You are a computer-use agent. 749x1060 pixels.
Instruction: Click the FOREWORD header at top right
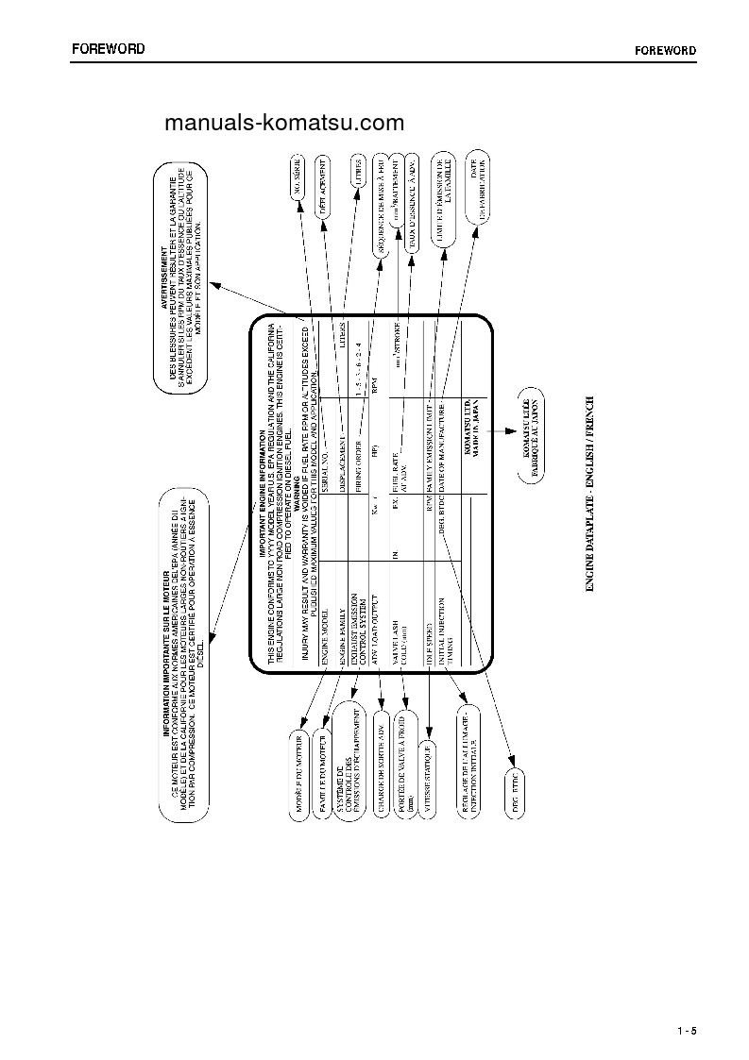coord(665,50)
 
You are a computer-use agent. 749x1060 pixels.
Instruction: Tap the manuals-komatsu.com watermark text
coord(283,123)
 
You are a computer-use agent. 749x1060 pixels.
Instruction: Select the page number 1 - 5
coord(686,1030)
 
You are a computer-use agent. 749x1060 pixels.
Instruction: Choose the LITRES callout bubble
coord(358,175)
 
